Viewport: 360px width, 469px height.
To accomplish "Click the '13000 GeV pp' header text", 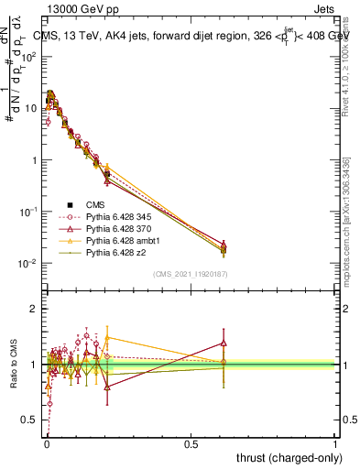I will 79,8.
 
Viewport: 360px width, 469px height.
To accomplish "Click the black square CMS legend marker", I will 68,204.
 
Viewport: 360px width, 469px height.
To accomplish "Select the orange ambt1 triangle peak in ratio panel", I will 108,336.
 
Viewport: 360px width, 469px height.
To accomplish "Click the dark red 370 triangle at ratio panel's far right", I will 224,343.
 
